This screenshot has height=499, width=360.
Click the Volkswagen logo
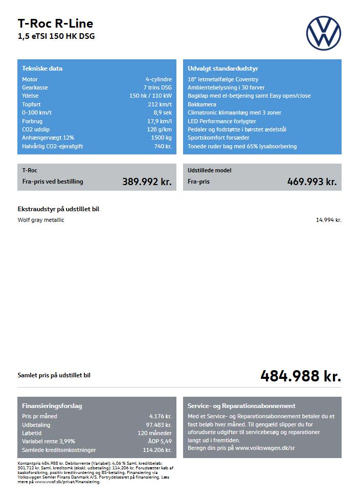[x=323, y=33]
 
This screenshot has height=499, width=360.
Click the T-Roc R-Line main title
[x=55, y=24]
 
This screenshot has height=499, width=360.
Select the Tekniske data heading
[x=42, y=69]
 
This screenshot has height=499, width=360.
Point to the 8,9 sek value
[x=163, y=112]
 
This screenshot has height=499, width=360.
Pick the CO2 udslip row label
[x=34, y=129]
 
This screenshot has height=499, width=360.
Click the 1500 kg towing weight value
[x=161, y=138]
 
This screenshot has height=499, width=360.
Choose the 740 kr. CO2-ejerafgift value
[x=163, y=146]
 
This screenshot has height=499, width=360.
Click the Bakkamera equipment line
[x=202, y=104]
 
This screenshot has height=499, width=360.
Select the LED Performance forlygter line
[x=222, y=121]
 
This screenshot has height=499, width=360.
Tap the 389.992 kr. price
[x=147, y=182]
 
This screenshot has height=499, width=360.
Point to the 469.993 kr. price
[x=312, y=182]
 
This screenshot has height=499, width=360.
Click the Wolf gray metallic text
[x=41, y=220]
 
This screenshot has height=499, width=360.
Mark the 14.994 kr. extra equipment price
[x=328, y=220]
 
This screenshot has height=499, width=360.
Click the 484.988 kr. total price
[x=301, y=376]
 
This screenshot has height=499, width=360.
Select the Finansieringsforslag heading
[x=52, y=406]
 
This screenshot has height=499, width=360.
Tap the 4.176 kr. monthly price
[x=160, y=416]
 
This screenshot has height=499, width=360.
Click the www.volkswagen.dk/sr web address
[x=265, y=447]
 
